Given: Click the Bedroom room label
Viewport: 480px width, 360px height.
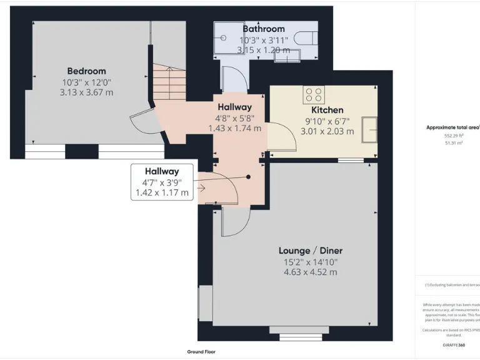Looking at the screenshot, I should (87, 71).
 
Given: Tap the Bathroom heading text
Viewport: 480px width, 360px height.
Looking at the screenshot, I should (264, 29).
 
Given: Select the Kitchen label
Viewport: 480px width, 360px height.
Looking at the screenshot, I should (327, 110).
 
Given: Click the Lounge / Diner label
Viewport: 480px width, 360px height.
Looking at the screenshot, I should (310, 251).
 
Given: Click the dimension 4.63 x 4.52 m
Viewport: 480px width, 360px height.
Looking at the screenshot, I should (310, 272).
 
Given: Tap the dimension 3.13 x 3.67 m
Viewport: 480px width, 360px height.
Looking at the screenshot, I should (87, 92).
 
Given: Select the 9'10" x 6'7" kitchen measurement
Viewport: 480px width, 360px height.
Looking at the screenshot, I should (327, 121).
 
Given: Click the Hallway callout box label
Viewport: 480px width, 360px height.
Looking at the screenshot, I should (162, 171).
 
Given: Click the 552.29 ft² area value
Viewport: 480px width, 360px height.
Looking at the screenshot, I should (453, 136).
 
